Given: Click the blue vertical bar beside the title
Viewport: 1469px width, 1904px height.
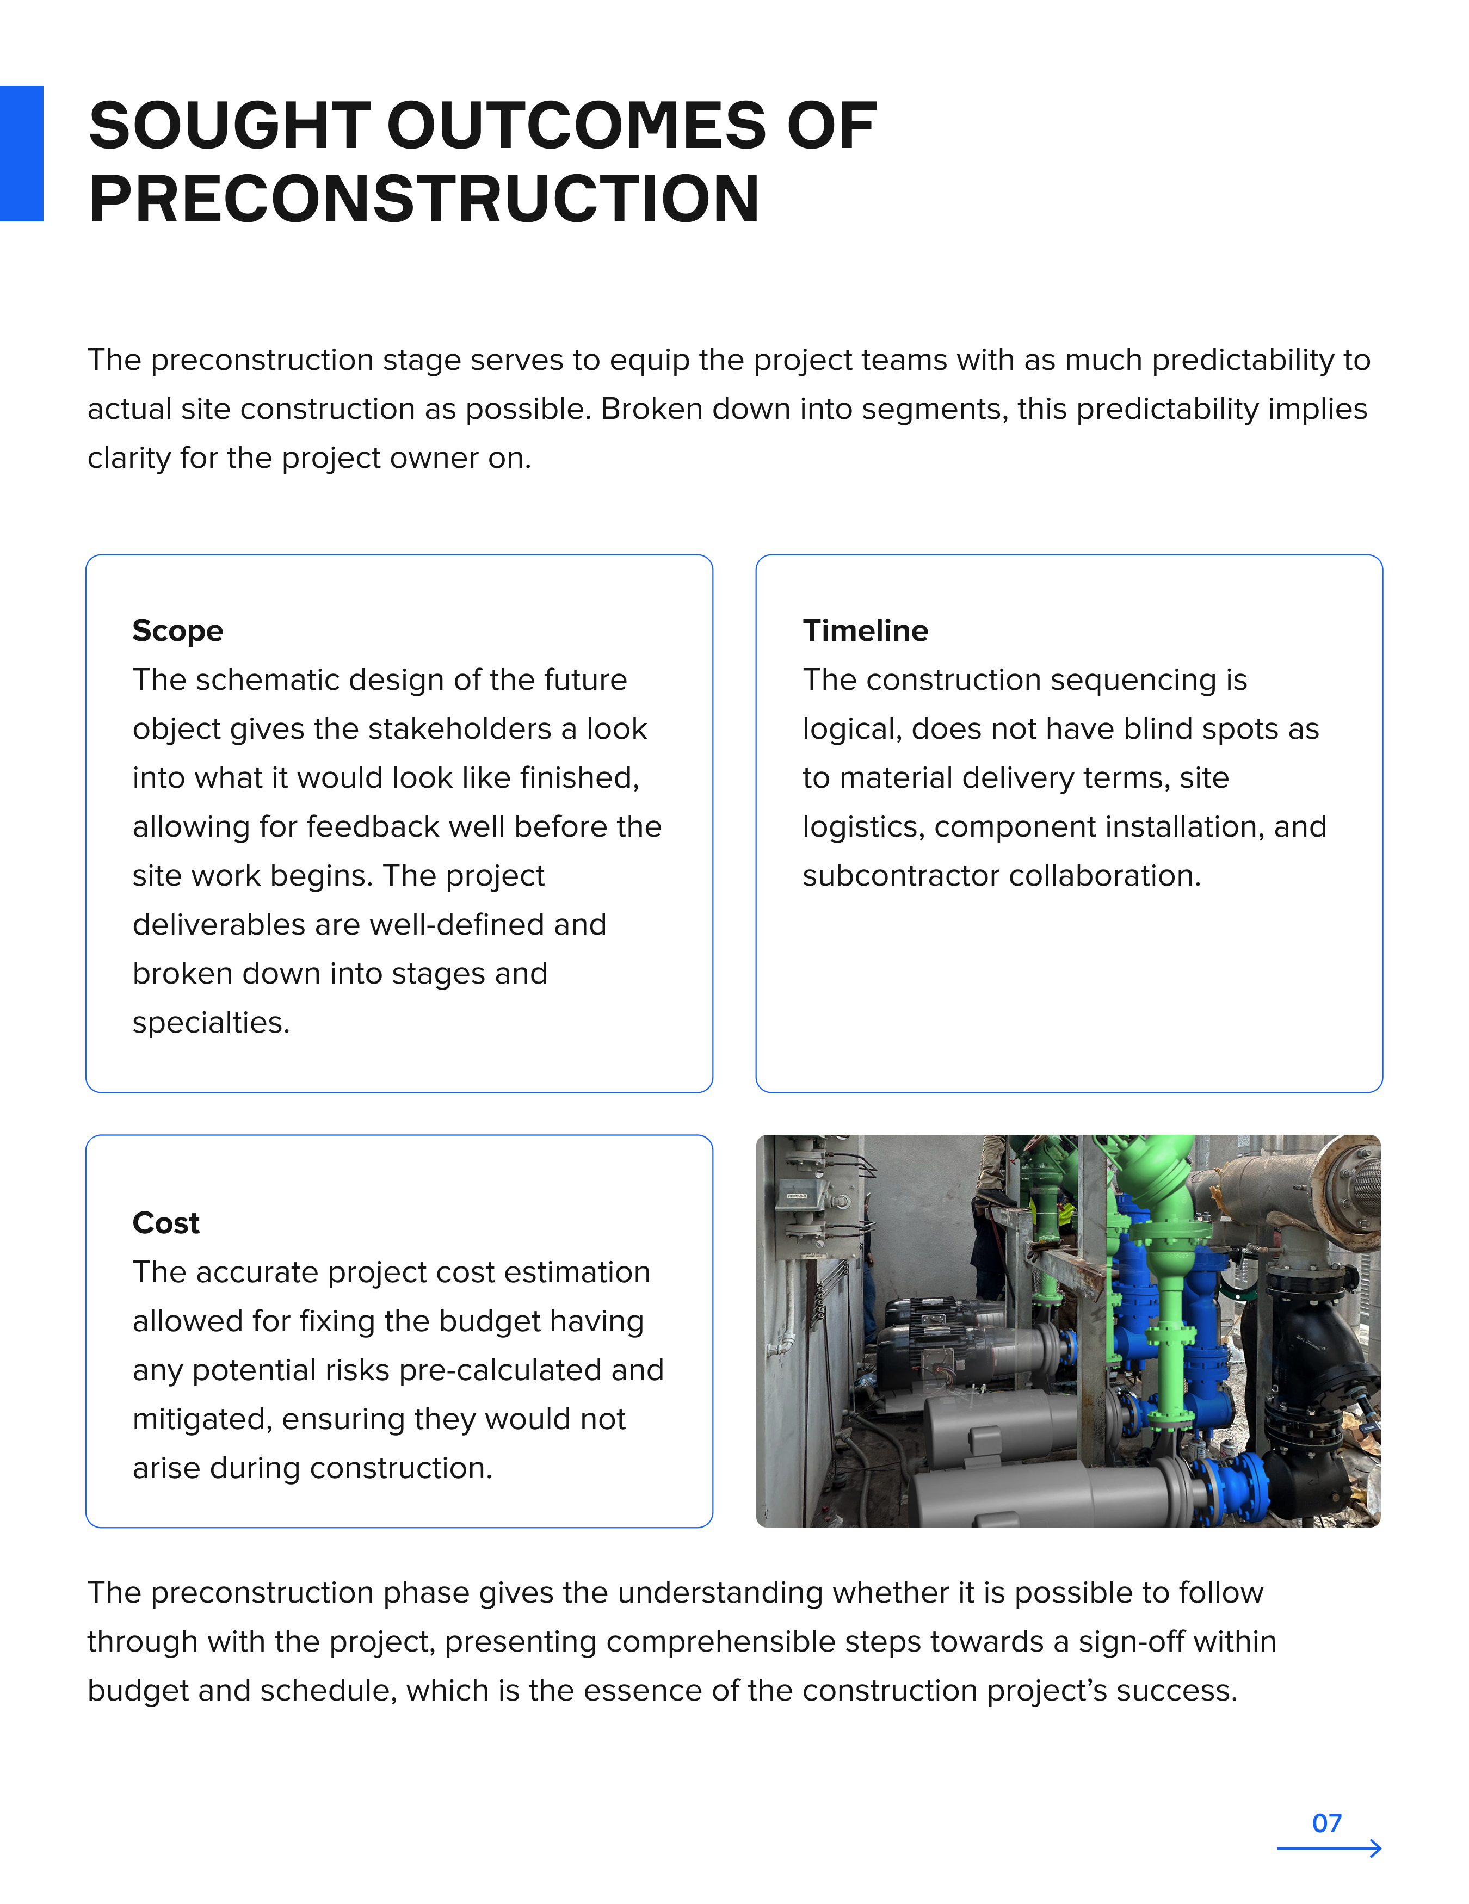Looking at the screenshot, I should (21, 153).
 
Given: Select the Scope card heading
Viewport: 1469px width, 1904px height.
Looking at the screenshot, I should (178, 630).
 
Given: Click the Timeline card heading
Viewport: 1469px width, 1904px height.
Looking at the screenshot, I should (865, 630).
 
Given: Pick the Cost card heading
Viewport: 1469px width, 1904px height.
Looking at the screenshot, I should (165, 1223).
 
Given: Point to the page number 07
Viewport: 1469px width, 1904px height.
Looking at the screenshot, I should (1326, 1823).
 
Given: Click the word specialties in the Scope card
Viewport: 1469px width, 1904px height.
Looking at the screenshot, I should (210, 1023).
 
